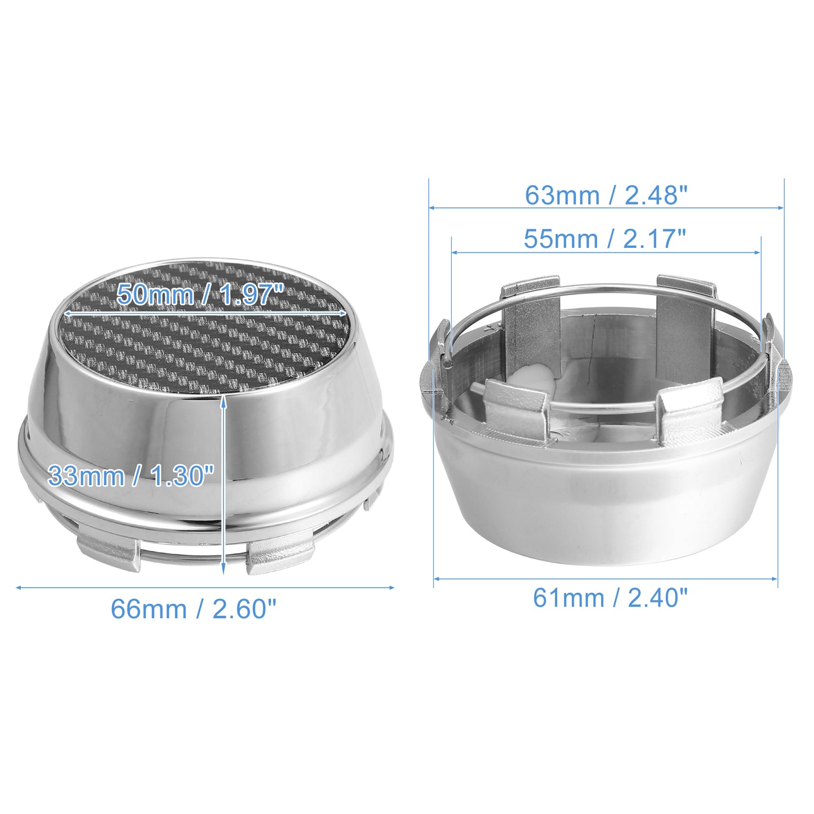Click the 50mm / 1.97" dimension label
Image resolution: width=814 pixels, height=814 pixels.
point(200,295)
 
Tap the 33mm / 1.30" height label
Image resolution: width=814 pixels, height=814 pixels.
point(131,475)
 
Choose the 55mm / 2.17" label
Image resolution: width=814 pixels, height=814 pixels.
point(604,239)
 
